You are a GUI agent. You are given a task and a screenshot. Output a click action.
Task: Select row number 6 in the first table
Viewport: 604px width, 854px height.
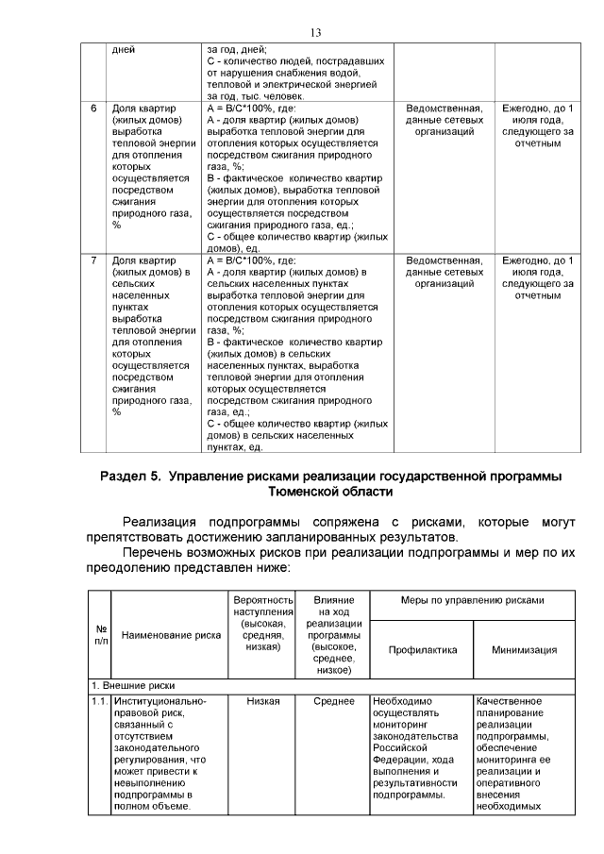click(93, 109)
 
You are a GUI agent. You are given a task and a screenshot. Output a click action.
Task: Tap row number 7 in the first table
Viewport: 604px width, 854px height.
click(93, 260)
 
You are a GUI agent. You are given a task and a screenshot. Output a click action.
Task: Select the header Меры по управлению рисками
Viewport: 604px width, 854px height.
click(473, 600)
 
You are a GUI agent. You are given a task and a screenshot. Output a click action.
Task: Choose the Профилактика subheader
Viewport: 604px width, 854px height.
click(422, 649)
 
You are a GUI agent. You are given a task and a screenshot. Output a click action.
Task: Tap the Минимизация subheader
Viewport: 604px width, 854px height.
click(524, 649)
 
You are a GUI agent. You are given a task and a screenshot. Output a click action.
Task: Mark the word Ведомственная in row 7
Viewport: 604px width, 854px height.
click(444, 260)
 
